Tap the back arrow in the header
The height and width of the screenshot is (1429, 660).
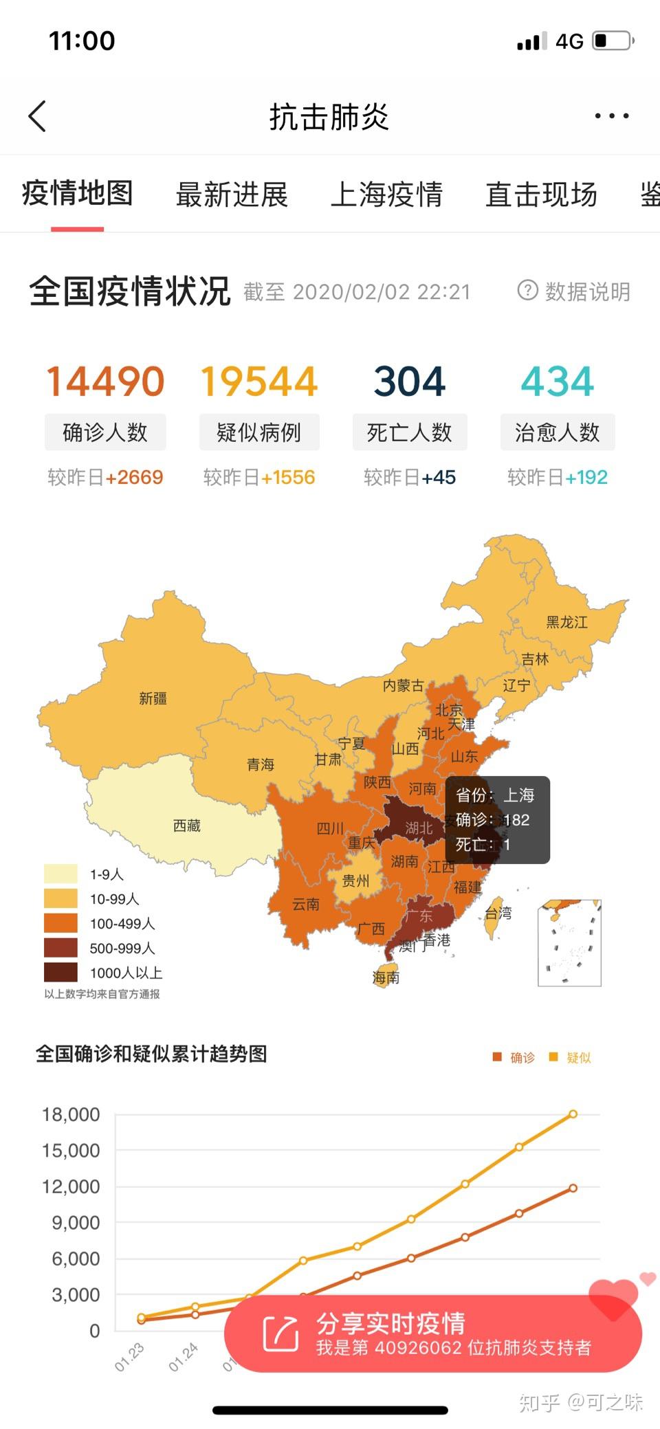click(x=38, y=115)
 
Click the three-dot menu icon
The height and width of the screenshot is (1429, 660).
click(x=611, y=115)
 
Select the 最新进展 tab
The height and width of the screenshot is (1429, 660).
click(x=232, y=195)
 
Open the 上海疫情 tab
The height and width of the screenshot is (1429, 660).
click(x=386, y=195)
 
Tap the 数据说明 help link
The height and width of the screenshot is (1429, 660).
click(x=574, y=291)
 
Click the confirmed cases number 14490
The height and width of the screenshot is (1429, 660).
click(x=105, y=381)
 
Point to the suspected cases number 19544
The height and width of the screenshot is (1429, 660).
click(x=258, y=381)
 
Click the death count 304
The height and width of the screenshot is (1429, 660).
click(x=410, y=381)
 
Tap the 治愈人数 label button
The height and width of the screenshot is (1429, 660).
click(x=557, y=432)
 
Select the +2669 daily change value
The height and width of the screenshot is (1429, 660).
click(x=134, y=477)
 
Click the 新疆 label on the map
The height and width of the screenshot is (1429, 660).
click(x=153, y=698)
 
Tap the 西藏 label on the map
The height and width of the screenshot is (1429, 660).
click(x=186, y=825)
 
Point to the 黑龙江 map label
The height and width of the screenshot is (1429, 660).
click(x=566, y=622)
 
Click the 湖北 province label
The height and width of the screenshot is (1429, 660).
click(x=419, y=828)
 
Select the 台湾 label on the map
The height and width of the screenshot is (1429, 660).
click(x=498, y=913)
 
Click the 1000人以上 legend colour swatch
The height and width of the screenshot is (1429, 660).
click(x=60, y=973)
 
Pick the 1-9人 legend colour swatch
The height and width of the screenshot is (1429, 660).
click(x=60, y=874)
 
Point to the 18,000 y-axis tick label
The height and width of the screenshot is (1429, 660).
click(x=71, y=1114)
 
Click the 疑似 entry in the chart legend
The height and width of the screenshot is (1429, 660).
click(x=578, y=1057)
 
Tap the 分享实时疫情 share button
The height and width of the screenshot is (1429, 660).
click(x=433, y=1333)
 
